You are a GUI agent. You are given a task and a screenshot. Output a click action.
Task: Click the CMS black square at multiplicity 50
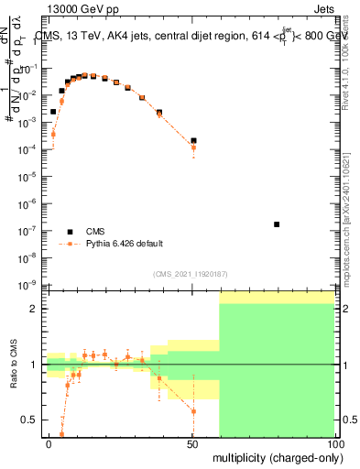pyautogui.click(x=193, y=140)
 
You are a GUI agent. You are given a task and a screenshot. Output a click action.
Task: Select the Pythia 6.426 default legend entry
pyautogui.click(x=125, y=244)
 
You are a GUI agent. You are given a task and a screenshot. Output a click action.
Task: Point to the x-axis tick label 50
pyautogui.click(x=191, y=443)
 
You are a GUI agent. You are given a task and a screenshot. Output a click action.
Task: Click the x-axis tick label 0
pyautogui.click(x=49, y=443)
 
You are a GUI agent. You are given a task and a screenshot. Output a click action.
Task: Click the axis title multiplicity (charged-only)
pyautogui.click(x=273, y=456)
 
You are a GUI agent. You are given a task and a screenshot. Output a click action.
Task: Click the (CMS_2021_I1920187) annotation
pyautogui.click(x=190, y=273)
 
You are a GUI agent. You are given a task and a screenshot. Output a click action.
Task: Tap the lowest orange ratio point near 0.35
pyautogui.click(x=62, y=434)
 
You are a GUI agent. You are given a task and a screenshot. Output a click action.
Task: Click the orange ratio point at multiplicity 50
pyautogui.click(x=193, y=411)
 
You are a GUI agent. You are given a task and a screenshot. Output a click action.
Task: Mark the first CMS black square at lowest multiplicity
pyautogui.click(x=54, y=112)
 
